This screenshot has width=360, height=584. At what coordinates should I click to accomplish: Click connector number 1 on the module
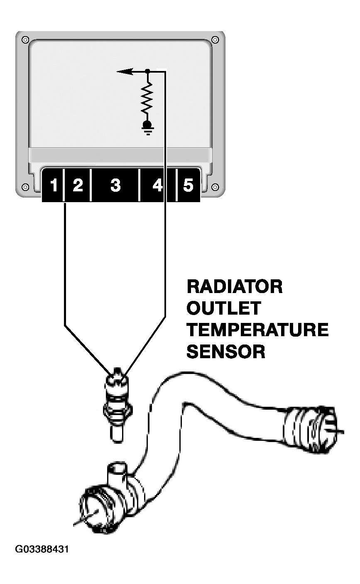(54, 185)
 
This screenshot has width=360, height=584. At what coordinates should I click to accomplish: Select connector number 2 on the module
(78, 185)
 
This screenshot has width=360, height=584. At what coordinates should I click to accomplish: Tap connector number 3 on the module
(115, 185)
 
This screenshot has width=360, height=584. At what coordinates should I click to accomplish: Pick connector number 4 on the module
(157, 185)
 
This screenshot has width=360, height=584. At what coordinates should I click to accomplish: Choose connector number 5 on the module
(188, 185)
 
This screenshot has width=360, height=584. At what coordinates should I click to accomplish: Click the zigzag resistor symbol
(147, 99)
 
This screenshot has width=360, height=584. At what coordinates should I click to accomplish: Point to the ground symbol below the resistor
(148, 128)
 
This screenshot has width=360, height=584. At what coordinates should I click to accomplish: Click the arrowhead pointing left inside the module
(125, 71)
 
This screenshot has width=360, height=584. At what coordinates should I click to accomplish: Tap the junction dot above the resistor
(147, 71)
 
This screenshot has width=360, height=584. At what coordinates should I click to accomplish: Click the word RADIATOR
(235, 286)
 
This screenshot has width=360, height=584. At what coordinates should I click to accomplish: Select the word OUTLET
(223, 308)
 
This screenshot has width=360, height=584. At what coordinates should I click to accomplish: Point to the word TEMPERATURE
(257, 330)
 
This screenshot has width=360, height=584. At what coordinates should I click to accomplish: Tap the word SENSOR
(225, 352)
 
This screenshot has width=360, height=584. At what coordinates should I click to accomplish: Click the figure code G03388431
(42, 549)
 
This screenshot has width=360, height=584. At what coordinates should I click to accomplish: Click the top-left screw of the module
(25, 40)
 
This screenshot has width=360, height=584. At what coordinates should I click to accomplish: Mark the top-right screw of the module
(215, 40)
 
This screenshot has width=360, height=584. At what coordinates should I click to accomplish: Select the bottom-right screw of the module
(215, 187)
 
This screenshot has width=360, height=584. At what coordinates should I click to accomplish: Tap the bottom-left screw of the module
(25, 187)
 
